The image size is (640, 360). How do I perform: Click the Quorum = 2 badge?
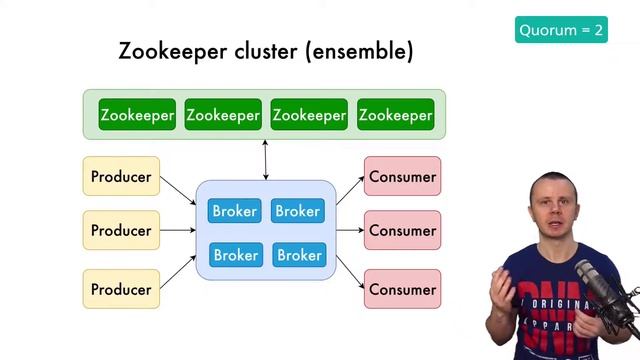561,30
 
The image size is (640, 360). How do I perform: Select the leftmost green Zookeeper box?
137,115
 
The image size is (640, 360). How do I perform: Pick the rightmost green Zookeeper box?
395,115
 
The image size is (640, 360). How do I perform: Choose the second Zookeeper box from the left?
223,115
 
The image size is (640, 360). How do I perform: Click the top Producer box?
121,177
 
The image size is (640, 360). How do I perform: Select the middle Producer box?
121,230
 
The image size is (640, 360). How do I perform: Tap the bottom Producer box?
121,289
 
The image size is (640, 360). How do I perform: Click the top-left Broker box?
235,211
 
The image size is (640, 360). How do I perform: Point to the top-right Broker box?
298,211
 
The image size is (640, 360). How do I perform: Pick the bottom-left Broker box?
235,255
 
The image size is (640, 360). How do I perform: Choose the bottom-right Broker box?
298,255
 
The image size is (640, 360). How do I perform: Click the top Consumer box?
402,177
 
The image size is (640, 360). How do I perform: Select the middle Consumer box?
402,230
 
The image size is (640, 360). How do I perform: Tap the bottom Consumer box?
402,289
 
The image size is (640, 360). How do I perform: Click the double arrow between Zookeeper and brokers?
265,160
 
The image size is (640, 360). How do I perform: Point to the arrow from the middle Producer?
177,230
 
